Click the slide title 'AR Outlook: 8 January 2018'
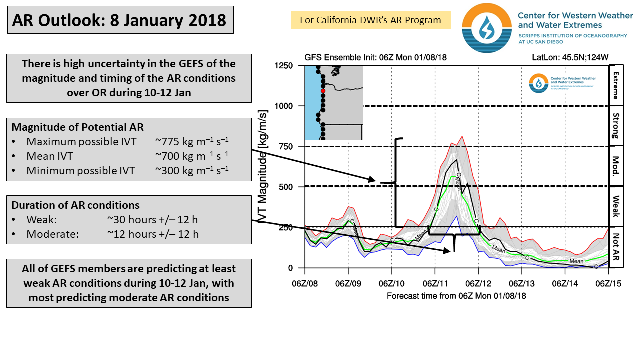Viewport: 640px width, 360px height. (x=120, y=20)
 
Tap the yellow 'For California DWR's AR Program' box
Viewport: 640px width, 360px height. (x=370, y=20)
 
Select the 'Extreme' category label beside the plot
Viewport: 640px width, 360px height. (x=616, y=85)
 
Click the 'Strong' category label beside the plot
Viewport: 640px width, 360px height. (x=616, y=126)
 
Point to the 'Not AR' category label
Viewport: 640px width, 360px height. (x=616, y=248)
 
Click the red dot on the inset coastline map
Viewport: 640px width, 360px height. (x=323, y=91)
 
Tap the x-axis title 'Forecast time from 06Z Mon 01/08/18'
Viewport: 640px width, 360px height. (x=456, y=296)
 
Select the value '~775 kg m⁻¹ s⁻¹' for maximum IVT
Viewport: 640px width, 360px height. (x=192, y=142)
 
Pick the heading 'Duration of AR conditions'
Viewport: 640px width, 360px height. (x=76, y=205)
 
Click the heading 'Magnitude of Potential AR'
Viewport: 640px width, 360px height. (x=79, y=127)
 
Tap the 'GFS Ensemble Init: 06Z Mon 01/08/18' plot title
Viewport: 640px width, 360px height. (x=375, y=57)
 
